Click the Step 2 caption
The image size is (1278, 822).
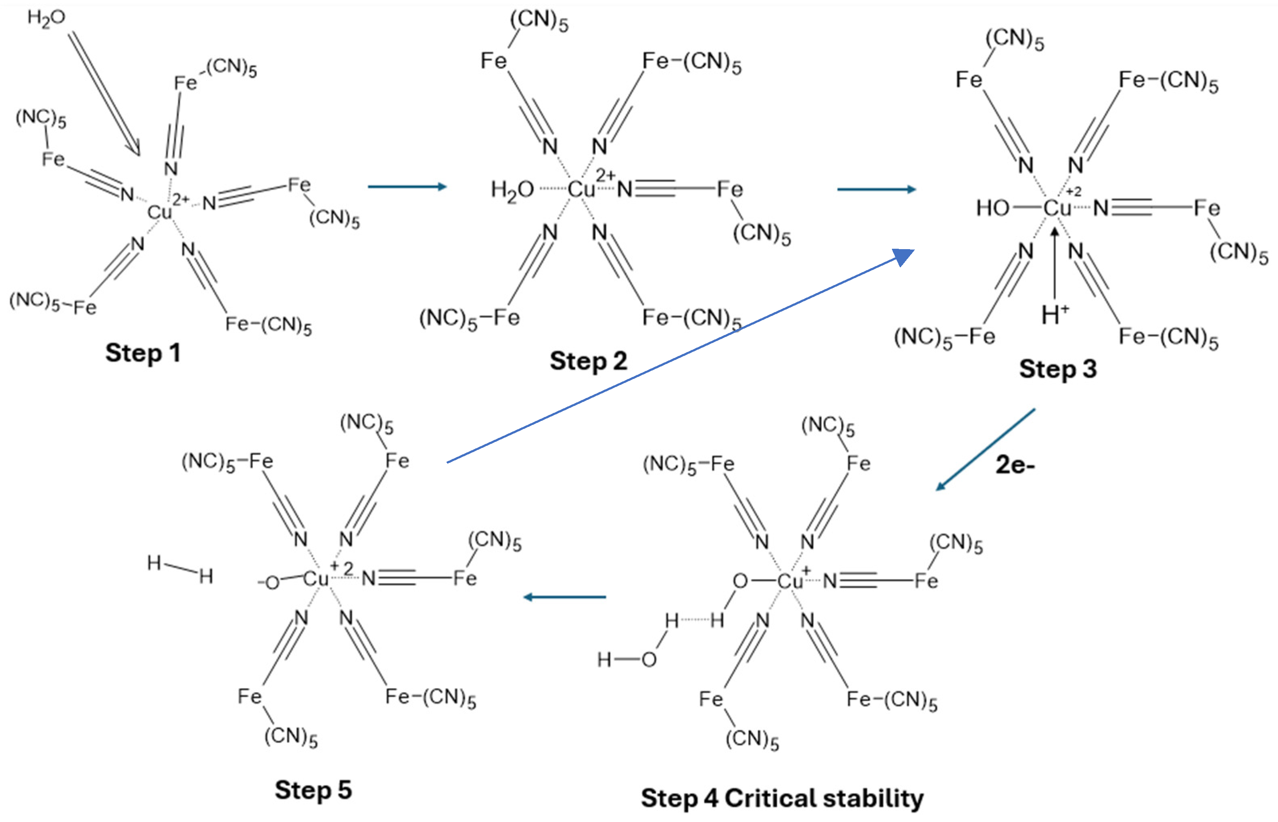pos(588,361)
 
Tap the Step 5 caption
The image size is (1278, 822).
pos(313,791)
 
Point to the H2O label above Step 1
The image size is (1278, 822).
pos(46,18)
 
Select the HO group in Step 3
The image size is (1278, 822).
pos(993,208)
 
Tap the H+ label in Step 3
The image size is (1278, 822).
pos(1055,314)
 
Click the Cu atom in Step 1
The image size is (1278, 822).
pos(160,212)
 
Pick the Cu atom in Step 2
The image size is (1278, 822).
pos(581,189)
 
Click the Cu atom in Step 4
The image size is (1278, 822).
pos(790,581)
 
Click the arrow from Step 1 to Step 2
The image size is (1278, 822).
pos(407,186)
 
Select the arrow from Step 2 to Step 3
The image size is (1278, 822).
pos(876,189)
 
